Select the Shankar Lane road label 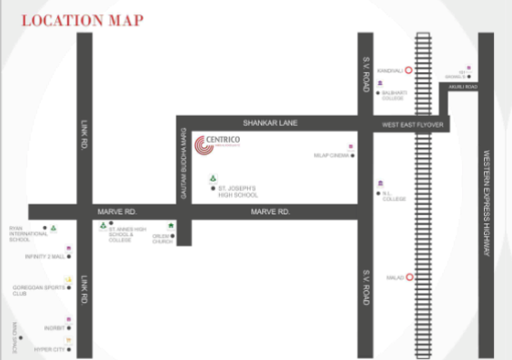pyautogui.click(x=264, y=122)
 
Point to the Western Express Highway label pyautogui.click(x=487, y=202)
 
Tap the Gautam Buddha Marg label pyautogui.click(x=184, y=168)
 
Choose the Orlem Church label pyautogui.click(x=162, y=240)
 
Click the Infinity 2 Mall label pyautogui.click(x=45, y=257)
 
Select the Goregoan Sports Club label pyautogui.click(x=34, y=290)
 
